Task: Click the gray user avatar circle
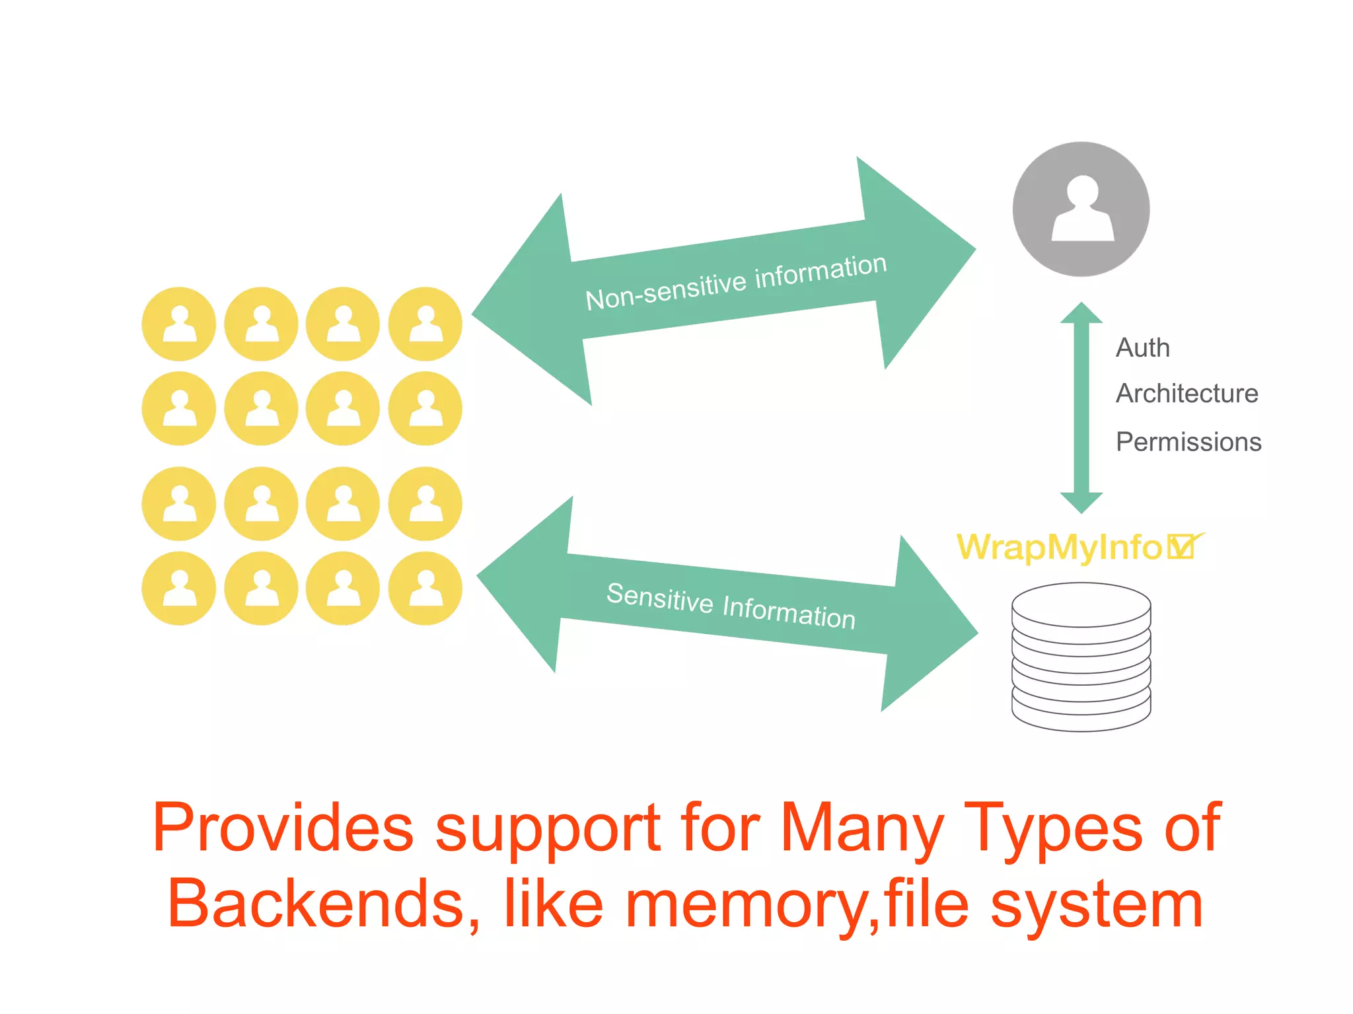pyautogui.click(x=1081, y=209)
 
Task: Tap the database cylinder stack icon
pyautogui.click(x=1081, y=657)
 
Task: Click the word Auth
pyautogui.click(x=1142, y=347)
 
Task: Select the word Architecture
pyautogui.click(x=1187, y=394)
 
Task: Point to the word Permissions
pyautogui.click(x=1188, y=441)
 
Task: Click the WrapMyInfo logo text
pyautogui.click(x=1059, y=547)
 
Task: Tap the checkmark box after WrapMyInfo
pyautogui.click(x=1182, y=546)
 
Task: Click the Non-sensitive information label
pyautogui.click(x=736, y=283)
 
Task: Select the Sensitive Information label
pyautogui.click(x=731, y=606)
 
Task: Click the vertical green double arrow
pyautogui.click(x=1081, y=408)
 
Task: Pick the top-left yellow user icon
pyautogui.click(x=179, y=324)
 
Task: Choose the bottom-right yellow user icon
pyautogui.click(x=425, y=588)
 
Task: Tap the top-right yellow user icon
pyautogui.click(x=425, y=324)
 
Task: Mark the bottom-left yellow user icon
pyautogui.click(x=179, y=588)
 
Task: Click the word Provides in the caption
pyautogui.click(x=283, y=827)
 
